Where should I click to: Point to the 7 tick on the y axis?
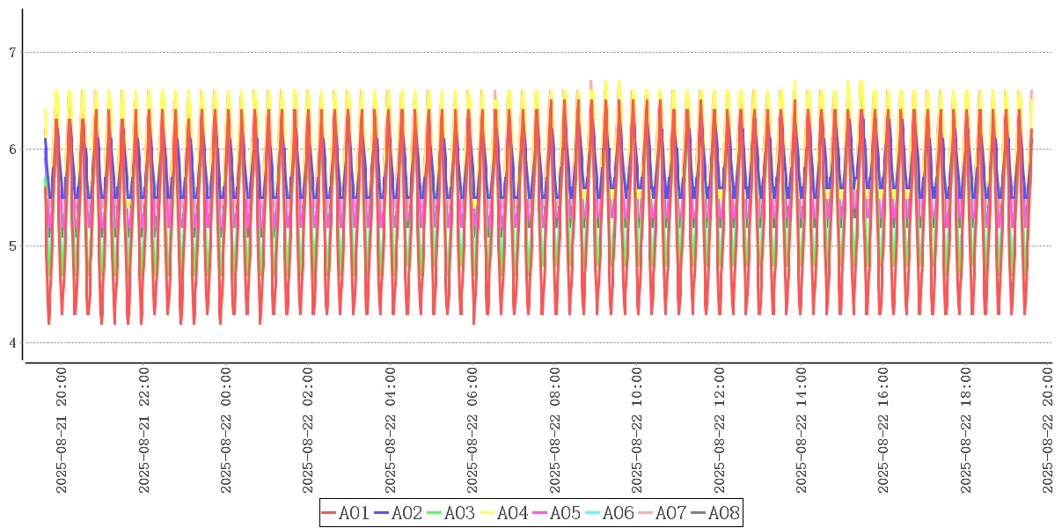(12, 53)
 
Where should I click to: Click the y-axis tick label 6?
(12, 150)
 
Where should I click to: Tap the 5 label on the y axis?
(12, 246)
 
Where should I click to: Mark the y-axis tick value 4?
(12, 343)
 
